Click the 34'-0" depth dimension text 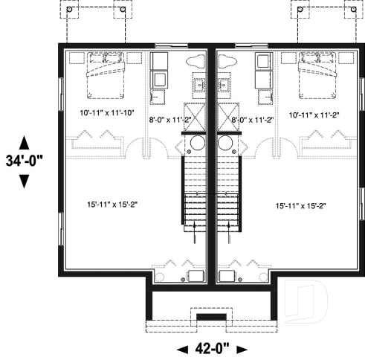pos(24,161)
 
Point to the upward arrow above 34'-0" pos(24,142)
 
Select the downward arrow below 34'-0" pos(24,180)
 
